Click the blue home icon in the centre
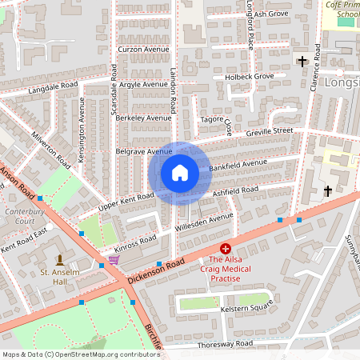pyautogui.click(x=180, y=173)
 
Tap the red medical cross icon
pyautogui.click(x=226, y=250)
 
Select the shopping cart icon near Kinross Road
pyautogui.click(x=114, y=259)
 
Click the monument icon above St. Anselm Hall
pyautogui.click(x=60, y=259)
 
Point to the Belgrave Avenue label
pyautogui.click(x=144, y=150)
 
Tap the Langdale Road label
pyautogui.click(x=52, y=87)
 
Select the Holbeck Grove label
pyautogui.click(x=248, y=77)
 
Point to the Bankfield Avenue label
pyautogui.click(x=238, y=166)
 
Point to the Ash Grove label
pyautogui.click(x=272, y=14)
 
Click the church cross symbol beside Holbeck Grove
pyautogui.click(x=302, y=61)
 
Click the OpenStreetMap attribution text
pyautogui.click(x=80, y=354)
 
